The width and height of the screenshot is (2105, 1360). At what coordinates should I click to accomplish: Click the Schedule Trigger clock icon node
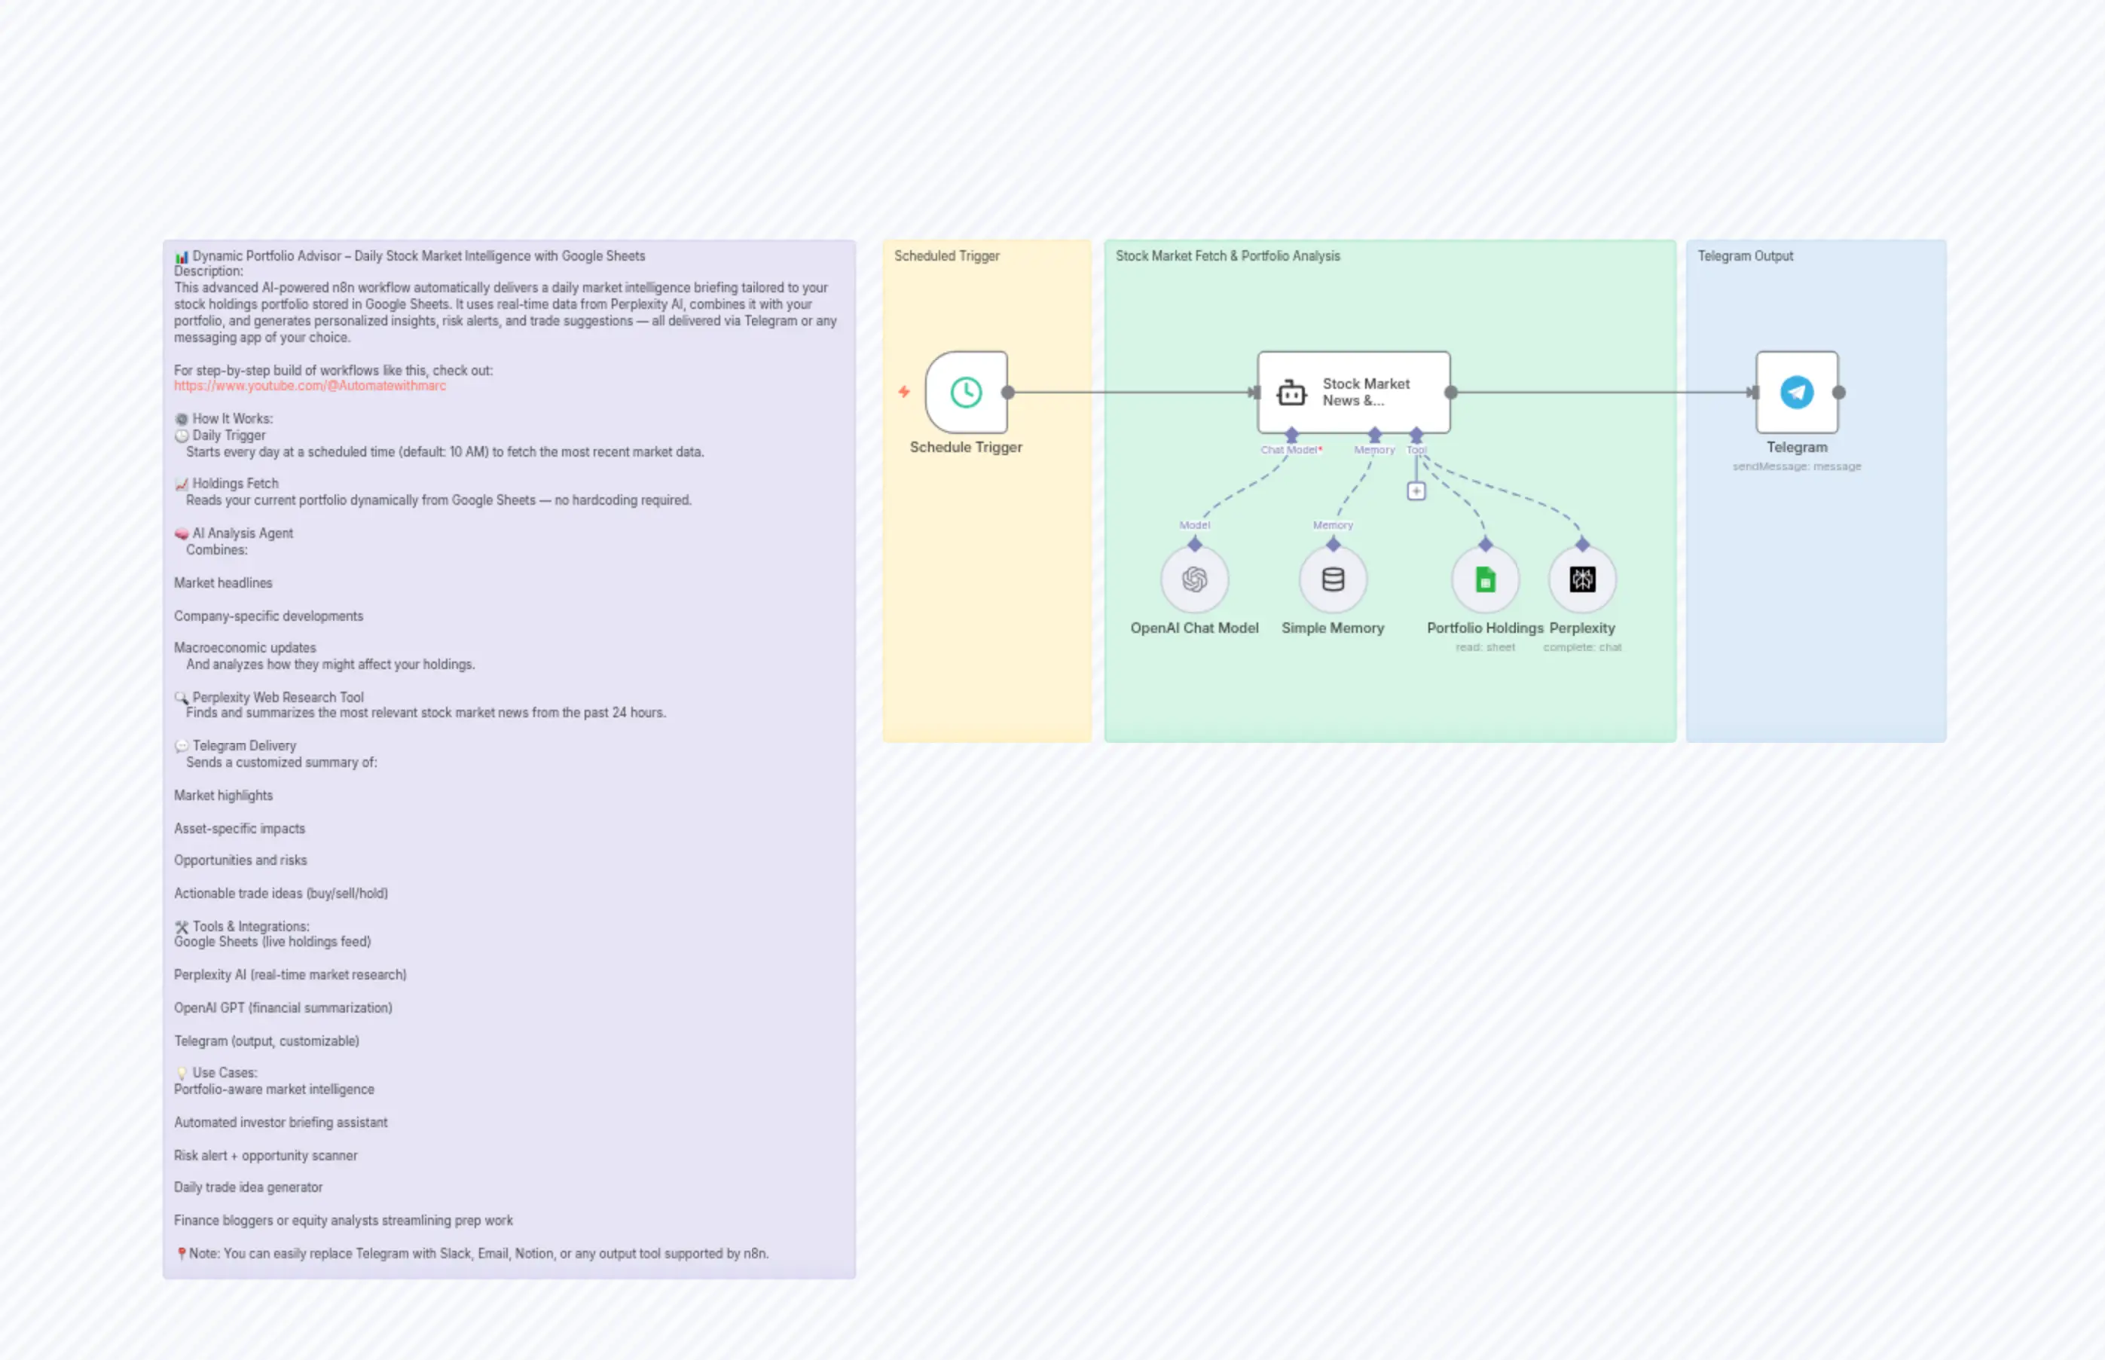(966, 392)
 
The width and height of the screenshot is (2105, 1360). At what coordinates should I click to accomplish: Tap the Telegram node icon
(1796, 392)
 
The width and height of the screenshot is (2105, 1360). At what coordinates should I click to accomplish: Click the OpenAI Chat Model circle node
(1194, 579)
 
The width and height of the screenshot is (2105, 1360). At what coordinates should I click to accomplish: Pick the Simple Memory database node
(1333, 579)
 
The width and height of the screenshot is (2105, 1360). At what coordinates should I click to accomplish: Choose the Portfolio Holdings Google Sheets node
(1485, 579)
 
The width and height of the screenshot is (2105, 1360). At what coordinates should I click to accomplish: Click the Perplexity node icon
(1581, 579)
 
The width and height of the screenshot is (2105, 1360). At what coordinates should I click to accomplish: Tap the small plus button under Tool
(1416, 491)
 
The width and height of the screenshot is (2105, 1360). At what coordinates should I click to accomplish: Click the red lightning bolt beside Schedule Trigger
(903, 391)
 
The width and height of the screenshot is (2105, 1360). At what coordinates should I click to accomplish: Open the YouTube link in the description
(310, 386)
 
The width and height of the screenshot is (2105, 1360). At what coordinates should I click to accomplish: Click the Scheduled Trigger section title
(946, 256)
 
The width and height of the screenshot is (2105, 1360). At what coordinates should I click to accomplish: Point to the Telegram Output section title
(1745, 256)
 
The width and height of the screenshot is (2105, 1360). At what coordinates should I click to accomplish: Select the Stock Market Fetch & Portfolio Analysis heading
(1227, 256)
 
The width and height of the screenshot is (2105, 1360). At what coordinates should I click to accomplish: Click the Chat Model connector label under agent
(1290, 450)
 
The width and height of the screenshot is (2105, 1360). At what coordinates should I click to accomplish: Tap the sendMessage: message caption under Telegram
(1796, 466)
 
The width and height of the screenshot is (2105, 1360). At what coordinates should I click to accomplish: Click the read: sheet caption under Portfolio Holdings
(1485, 647)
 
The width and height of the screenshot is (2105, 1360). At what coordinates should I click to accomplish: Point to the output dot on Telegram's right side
(1838, 392)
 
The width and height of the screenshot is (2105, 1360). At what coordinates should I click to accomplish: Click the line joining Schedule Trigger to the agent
(1130, 392)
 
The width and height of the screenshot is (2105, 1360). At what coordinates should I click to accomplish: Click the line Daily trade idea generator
(248, 1187)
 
